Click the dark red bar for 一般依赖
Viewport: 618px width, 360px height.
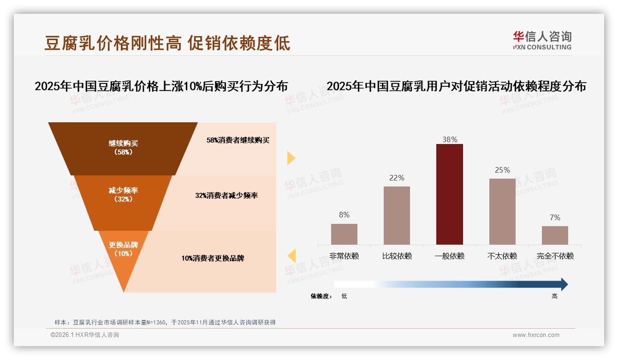[449, 194]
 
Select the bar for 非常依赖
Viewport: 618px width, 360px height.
[344, 234]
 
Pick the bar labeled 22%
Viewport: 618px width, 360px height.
[397, 215]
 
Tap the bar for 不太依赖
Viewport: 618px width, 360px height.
[502, 211]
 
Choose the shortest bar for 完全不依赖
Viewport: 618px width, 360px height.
[555, 235]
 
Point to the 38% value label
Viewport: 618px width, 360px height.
[449, 139]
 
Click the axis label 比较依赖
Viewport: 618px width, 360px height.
[397, 256]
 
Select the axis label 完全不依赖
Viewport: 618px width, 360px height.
[555, 256]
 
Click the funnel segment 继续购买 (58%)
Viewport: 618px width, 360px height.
[123, 148]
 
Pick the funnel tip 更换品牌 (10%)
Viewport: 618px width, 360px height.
[123, 252]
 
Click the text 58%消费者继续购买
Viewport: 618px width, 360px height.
[238, 140]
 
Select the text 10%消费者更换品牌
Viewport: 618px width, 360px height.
[213, 258]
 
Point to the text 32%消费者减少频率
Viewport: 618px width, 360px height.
[226, 196]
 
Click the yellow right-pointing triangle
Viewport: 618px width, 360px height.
[291, 158]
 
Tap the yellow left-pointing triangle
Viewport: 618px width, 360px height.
[291, 256]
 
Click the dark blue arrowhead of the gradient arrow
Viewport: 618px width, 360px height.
[564, 284]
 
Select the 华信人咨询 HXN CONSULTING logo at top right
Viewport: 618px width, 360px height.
[542, 40]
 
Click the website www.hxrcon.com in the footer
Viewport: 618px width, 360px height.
[536, 335]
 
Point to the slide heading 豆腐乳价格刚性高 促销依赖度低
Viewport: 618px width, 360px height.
[167, 43]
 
